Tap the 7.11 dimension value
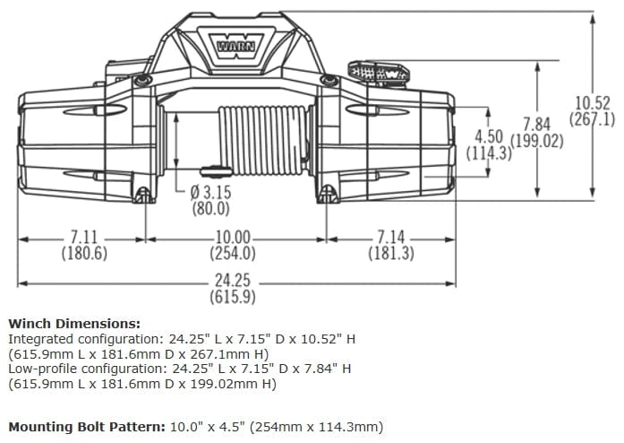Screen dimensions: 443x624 (84, 238)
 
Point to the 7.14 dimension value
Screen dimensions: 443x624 (390, 238)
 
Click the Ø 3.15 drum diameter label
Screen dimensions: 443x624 (211, 193)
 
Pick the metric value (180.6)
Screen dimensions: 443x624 (84, 253)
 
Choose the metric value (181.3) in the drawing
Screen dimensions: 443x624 (390, 253)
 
